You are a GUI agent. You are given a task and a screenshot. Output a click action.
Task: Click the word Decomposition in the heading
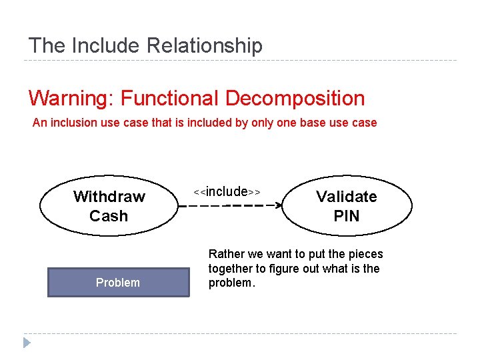(295, 99)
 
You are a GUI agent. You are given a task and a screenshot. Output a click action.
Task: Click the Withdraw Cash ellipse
(109, 206)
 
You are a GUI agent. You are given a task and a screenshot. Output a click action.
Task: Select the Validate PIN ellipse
(346, 206)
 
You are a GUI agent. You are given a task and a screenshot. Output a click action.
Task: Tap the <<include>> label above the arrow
(227, 192)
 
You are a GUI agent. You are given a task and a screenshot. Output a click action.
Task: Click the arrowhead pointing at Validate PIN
(279, 206)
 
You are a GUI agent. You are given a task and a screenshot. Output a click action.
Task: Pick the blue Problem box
(118, 282)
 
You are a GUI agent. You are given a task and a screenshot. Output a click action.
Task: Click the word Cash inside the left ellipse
(109, 216)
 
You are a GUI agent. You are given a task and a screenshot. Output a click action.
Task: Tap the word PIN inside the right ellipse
(347, 216)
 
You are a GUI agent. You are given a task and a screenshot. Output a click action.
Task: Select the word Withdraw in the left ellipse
(109, 197)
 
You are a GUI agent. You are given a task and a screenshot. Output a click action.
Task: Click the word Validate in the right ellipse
(347, 197)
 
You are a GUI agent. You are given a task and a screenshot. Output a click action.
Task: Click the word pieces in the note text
(365, 254)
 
